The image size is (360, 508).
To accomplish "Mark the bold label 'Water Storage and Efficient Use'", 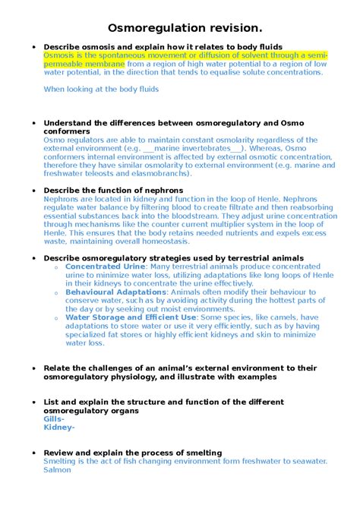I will pos(131,317).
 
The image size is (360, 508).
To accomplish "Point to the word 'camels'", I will pos(287,317).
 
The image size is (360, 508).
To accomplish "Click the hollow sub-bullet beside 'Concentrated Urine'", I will pos(58,267).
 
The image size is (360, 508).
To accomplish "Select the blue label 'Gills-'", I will pos(54,419).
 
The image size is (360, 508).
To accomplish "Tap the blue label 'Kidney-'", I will pos(59,428).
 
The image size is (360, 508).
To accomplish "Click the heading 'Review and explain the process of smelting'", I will pos(133,453).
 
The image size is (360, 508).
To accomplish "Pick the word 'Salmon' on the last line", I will pos(58,470).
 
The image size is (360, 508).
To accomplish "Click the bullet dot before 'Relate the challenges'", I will pos(33,368).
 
